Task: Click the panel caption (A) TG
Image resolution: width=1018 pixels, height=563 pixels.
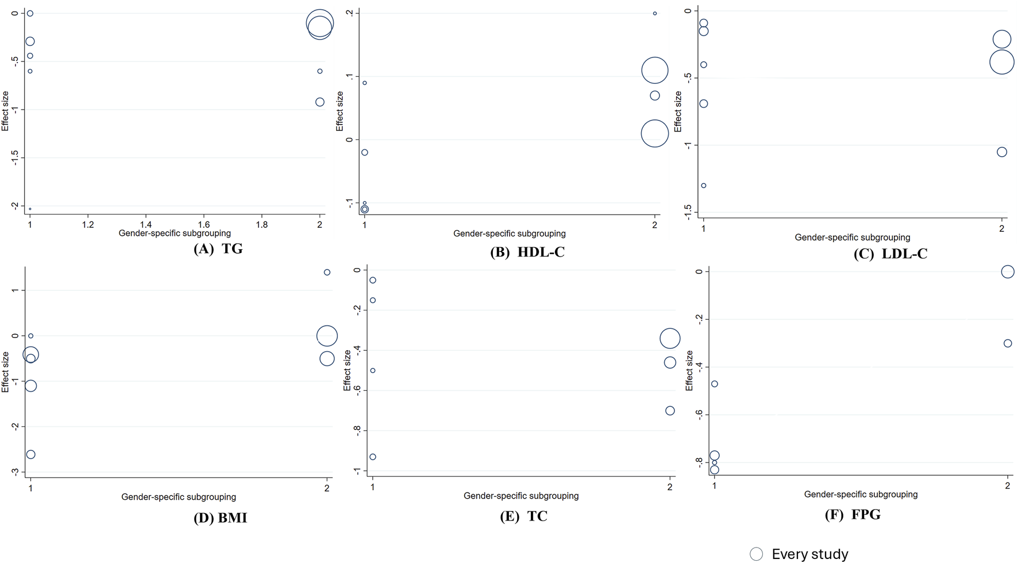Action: point(218,249)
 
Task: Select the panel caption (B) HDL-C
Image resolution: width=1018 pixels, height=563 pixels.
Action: point(527,253)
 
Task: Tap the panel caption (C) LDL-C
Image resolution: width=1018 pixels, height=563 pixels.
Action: point(890,254)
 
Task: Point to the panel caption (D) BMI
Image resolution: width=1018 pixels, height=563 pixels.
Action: point(220,518)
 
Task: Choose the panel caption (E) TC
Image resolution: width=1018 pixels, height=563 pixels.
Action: point(523,517)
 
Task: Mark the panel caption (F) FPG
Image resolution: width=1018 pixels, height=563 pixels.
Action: point(852,515)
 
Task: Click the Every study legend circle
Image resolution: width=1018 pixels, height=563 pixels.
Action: point(756,554)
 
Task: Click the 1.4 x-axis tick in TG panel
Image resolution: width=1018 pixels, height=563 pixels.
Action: point(146,225)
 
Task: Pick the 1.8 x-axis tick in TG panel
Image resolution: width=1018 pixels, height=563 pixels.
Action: point(262,225)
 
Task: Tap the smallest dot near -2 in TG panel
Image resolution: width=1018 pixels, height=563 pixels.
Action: point(30,209)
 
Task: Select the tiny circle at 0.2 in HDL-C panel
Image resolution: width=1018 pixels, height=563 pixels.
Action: point(655,14)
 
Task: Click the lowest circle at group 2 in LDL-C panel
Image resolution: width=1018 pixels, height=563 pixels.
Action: point(1002,152)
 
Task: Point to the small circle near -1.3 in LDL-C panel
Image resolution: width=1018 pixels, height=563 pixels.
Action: point(704,186)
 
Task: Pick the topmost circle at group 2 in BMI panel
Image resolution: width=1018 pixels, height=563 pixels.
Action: point(327,273)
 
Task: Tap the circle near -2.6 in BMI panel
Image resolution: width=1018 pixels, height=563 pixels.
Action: point(31,455)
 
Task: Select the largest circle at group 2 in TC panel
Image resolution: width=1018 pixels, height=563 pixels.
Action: point(670,339)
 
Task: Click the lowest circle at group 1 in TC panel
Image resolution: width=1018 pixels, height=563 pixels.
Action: point(373,457)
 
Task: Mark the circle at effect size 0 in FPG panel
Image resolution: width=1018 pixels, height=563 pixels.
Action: point(1008,272)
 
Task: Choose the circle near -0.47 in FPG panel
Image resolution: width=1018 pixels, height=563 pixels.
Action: point(715,384)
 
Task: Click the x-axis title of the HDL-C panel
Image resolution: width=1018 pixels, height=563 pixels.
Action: point(509,234)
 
